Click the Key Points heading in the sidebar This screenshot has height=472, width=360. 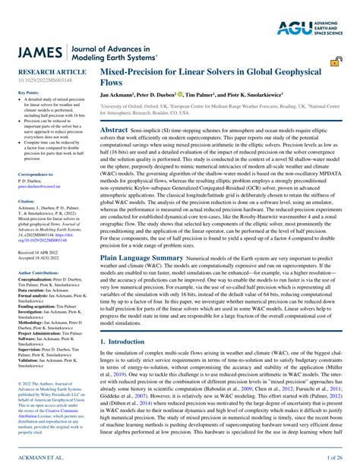(27, 92)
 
